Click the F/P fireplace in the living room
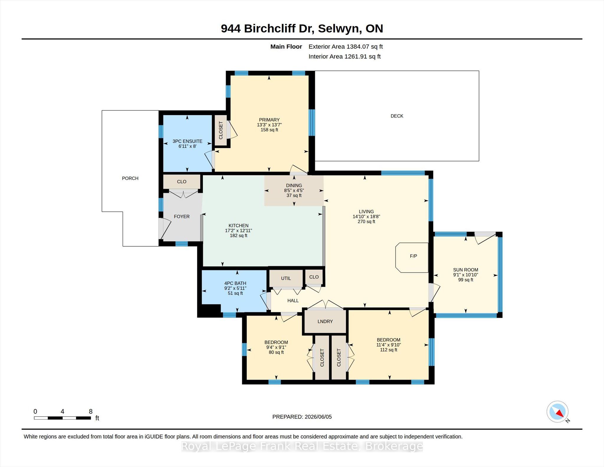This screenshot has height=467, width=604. tap(412, 258)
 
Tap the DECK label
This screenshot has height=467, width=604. tap(397, 116)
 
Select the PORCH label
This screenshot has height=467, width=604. tap(130, 178)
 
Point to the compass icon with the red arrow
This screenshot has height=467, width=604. tap(557, 412)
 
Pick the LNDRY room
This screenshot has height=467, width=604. tap(325, 321)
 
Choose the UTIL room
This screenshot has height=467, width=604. tap(286, 278)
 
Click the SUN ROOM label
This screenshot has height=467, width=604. tap(465, 270)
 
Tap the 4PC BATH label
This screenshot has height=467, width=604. tap(235, 283)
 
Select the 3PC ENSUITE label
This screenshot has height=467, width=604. tap(187, 141)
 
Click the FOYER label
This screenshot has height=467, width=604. tap(182, 217)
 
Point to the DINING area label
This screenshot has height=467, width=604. tap(294, 186)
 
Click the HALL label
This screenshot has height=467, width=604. tap(293, 301)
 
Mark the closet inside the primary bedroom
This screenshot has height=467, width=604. tap(221, 130)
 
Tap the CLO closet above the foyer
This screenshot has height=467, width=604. tap(182, 182)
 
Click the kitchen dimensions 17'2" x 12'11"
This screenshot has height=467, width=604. tap(238, 230)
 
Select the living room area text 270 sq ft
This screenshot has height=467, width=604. tap(366, 222)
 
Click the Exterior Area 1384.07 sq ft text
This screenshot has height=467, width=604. tap(346, 47)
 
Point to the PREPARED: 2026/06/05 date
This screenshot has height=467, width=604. tap(302, 417)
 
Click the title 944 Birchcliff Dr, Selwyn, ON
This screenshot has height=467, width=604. tap(302, 29)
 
